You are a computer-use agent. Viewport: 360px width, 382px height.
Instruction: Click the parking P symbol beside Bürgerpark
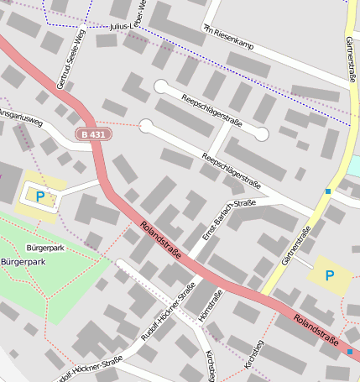(40, 196)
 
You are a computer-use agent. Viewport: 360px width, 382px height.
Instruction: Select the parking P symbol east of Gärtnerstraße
(329, 275)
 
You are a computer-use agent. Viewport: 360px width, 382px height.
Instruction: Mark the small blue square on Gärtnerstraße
(328, 191)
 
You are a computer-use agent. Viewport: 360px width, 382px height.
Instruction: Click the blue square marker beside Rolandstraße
(349, 351)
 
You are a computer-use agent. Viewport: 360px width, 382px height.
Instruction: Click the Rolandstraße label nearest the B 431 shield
(162, 240)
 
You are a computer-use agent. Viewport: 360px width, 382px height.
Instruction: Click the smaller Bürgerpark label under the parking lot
(45, 248)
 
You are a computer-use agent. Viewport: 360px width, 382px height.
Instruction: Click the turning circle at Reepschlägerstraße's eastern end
(262, 133)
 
